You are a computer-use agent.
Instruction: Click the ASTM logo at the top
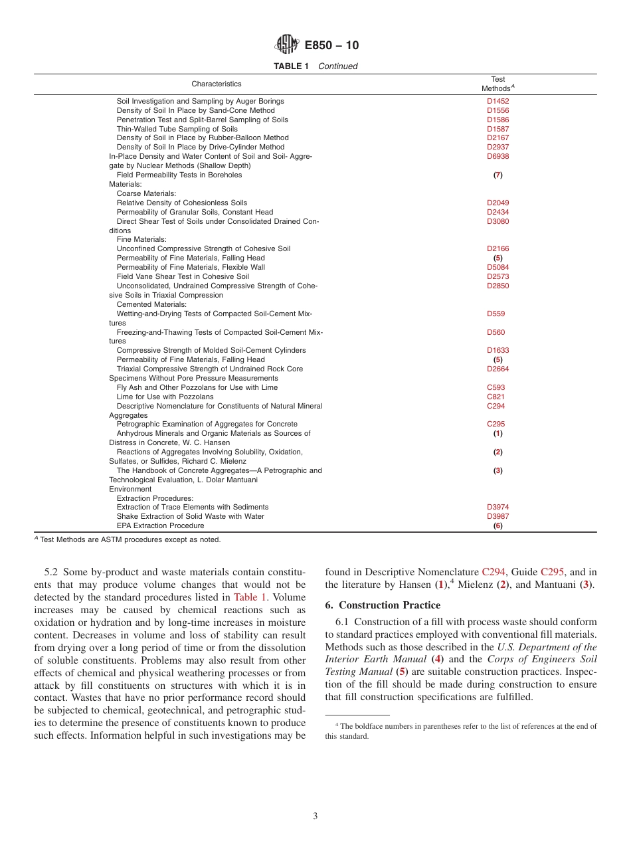click(287, 45)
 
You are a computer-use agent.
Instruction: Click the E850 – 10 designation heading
click(331, 45)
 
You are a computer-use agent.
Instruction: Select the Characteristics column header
click(217, 84)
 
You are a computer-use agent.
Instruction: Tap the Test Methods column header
click(497, 84)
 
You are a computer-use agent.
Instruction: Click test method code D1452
click(497, 101)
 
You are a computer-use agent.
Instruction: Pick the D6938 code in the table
click(497, 156)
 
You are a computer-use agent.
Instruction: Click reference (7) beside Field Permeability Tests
click(497, 175)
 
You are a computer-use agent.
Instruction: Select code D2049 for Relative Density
click(497, 203)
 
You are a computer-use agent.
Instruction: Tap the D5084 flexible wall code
click(497, 267)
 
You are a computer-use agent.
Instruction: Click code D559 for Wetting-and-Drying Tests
click(496, 314)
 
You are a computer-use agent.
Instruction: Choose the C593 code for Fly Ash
click(496, 387)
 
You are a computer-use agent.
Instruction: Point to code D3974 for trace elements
click(497, 507)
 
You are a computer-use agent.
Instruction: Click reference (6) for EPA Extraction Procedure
click(497, 525)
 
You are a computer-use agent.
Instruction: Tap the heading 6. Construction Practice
click(383, 605)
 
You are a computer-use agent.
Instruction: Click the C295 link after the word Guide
click(553, 571)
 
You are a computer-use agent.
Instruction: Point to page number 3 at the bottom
click(315, 816)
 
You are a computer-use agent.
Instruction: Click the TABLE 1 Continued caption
click(315, 66)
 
